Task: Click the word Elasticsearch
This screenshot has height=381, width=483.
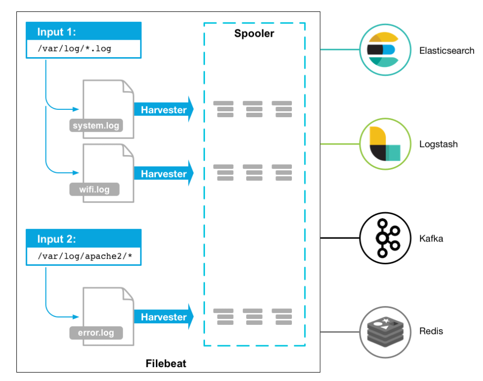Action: pyautogui.click(x=447, y=51)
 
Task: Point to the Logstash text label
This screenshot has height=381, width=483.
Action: pyautogui.click(x=438, y=145)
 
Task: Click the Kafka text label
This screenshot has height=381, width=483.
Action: pyautogui.click(x=431, y=239)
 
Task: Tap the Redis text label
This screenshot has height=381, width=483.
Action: pyautogui.click(x=431, y=331)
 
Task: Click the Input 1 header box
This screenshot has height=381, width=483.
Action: pyautogui.click(x=83, y=32)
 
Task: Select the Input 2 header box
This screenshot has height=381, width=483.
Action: pyautogui.click(x=83, y=239)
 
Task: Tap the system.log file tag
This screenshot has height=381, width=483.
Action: pyautogui.click(x=96, y=126)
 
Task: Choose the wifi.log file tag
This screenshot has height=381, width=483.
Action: pyautogui.click(x=95, y=189)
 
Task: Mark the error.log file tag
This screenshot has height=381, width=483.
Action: pyautogui.click(x=96, y=332)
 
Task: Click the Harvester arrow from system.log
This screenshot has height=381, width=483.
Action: pyautogui.click(x=163, y=110)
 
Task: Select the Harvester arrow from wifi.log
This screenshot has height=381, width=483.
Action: pyautogui.click(x=163, y=174)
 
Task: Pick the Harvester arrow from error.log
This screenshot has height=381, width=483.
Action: pyautogui.click(x=163, y=317)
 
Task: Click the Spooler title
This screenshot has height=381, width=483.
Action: pyautogui.click(x=254, y=34)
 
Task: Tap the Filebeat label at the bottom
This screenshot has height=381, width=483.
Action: pyautogui.click(x=166, y=363)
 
